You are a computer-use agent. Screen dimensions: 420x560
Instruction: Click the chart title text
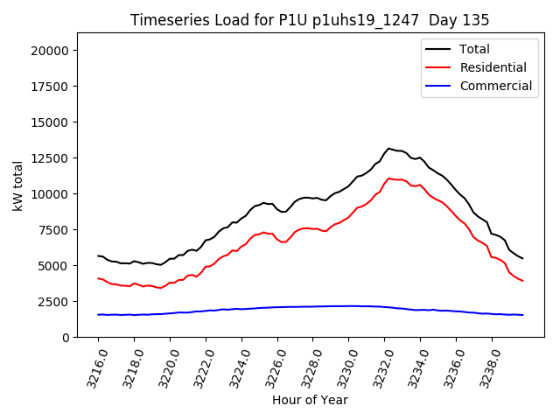coord(309,19)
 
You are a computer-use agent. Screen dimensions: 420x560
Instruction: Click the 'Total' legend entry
coord(474,49)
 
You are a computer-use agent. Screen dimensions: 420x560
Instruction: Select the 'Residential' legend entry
coord(493,67)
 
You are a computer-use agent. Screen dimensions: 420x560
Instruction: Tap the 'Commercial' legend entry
coord(495,86)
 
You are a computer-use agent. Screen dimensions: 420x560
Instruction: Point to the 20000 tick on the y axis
coord(52,51)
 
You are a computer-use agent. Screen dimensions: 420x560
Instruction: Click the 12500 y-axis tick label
coord(52,158)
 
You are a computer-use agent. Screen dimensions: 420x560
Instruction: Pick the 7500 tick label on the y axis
coord(55,230)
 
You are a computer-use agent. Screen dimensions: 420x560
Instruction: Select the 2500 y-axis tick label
coord(55,302)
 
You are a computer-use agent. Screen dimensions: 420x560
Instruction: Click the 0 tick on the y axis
coord(66,338)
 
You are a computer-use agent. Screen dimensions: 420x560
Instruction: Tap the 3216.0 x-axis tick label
coord(93,367)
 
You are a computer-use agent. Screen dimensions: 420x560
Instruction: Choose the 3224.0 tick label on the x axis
coord(236,367)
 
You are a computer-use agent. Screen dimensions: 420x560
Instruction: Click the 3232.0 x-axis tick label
coord(379,367)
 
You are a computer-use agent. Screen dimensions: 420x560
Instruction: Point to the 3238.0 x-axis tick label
coord(486,367)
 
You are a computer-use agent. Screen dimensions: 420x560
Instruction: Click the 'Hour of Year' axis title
coord(310,400)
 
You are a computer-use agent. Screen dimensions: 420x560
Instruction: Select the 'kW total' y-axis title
coord(17,185)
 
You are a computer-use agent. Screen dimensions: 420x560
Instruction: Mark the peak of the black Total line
coord(389,149)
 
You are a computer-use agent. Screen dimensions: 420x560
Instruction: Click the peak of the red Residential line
coord(389,178)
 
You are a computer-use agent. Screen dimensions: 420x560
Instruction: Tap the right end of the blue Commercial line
coord(523,315)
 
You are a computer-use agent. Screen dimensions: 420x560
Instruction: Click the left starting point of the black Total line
coord(98,255)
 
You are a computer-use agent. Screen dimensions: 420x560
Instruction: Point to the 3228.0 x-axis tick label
coord(308,367)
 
